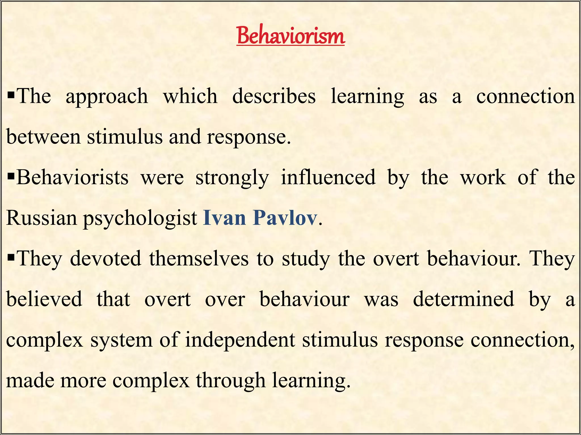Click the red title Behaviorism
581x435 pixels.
(x=291, y=36)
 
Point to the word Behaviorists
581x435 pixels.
(x=72, y=177)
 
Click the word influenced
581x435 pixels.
(x=328, y=177)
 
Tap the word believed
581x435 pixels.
(x=44, y=299)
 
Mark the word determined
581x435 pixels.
(x=464, y=299)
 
